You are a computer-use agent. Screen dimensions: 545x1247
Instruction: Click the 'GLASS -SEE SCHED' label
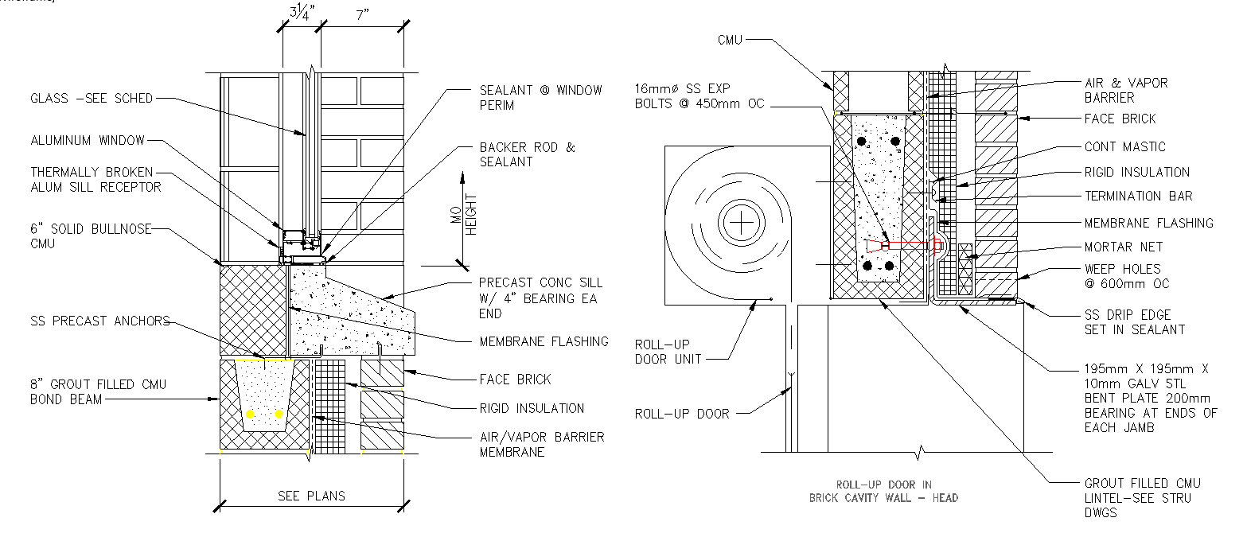[x=91, y=99]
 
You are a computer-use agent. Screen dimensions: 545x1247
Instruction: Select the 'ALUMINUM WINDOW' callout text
[x=88, y=141]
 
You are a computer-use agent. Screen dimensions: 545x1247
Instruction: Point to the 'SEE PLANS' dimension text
[x=311, y=496]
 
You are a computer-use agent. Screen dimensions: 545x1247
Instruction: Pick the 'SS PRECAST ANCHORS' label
[x=99, y=321]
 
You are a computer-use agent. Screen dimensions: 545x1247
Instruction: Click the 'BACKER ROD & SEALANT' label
[x=527, y=154]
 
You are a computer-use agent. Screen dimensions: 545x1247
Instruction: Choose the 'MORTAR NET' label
[x=1123, y=247]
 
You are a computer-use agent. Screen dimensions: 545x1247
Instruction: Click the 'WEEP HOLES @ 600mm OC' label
[x=1127, y=276]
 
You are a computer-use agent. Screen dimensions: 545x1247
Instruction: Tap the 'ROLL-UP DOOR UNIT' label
[x=668, y=352]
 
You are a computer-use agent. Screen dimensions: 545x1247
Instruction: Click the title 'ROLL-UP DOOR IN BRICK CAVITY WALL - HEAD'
[x=883, y=491]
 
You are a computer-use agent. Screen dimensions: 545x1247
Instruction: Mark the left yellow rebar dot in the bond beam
[x=251, y=414]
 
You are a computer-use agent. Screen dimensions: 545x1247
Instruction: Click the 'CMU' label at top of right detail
[x=729, y=40]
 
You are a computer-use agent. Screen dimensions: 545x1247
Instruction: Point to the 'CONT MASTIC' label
[x=1124, y=147]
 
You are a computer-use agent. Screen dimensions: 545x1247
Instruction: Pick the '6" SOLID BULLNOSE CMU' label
[x=88, y=236]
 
